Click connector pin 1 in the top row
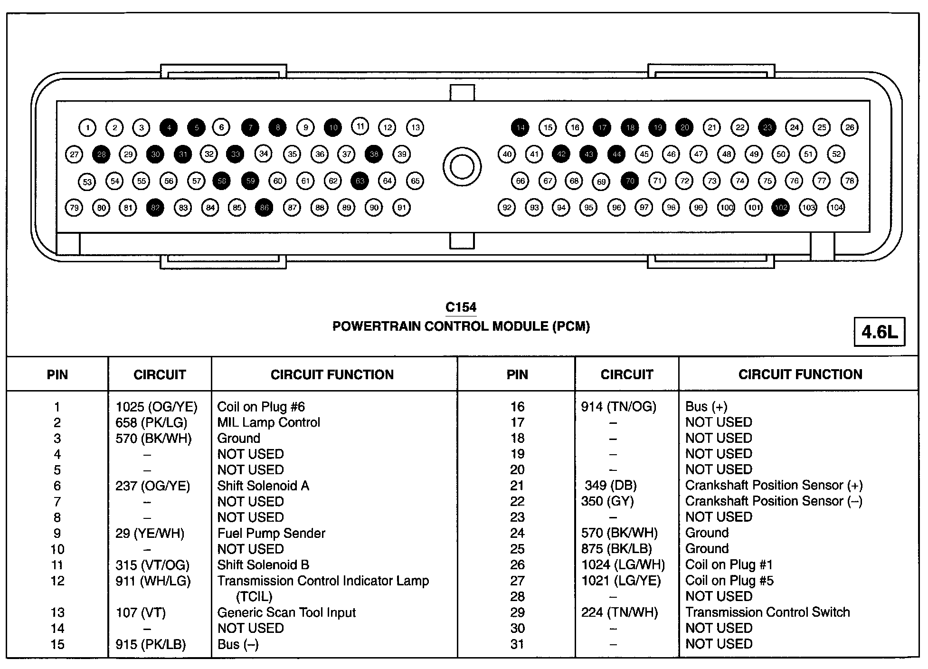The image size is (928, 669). click(87, 127)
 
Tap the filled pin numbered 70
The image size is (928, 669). click(630, 181)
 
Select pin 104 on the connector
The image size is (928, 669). click(836, 208)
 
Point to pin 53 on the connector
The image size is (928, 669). click(87, 182)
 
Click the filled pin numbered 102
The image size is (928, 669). click(781, 208)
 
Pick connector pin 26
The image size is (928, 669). click(850, 127)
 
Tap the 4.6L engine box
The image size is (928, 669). click(879, 332)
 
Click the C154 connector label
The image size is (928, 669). click(461, 307)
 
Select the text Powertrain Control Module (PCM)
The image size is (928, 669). click(461, 326)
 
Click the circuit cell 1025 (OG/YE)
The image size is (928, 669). click(156, 407)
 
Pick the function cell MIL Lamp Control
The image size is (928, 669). click(268, 422)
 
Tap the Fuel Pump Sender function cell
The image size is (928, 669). click(271, 533)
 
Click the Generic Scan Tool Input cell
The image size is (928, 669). click(286, 612)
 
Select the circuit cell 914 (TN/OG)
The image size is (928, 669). click(618, 407)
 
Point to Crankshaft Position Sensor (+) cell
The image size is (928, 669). click(774, 485)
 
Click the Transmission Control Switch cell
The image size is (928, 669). click(767, 612)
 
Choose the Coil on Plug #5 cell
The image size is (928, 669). click(729, 581)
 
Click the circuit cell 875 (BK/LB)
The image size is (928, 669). click(616, 549)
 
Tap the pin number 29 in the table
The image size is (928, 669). click(517, 612)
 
